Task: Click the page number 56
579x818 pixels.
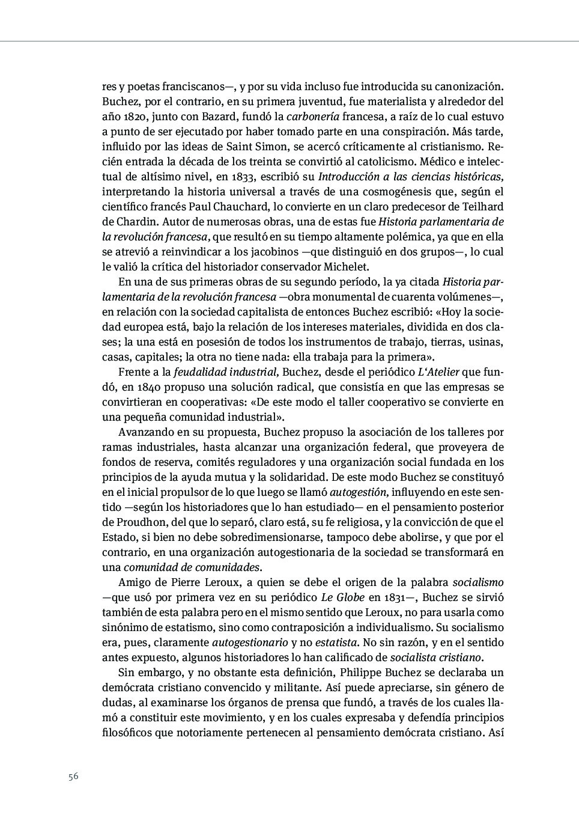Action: tap(73, 776)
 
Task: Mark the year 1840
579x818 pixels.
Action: tap(153, 387)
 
